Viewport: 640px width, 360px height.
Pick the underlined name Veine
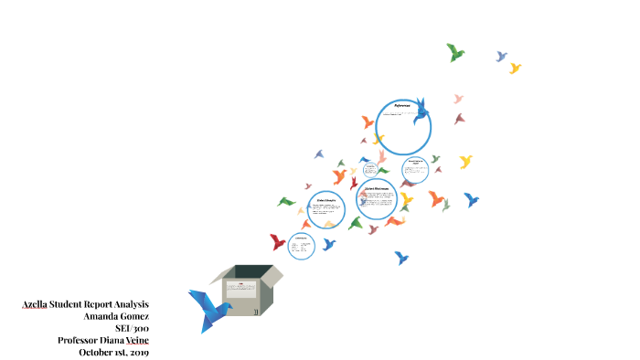pyautogui.click(x=135, y=340)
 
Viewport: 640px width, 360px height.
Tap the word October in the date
pyautogui.click(x=97, y=352)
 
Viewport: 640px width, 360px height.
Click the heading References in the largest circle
pyautogui.click(x=403, y=106)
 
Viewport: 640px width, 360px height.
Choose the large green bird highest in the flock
pyautogui.click(x=455, y=52)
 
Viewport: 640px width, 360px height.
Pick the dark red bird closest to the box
pyautogui.click(x=278, y=242)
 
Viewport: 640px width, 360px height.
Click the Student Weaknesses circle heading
pyautogui.click(x=377, y=189)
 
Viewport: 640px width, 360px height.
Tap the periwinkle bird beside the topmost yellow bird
pyautogui.click(x=501, y=57)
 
